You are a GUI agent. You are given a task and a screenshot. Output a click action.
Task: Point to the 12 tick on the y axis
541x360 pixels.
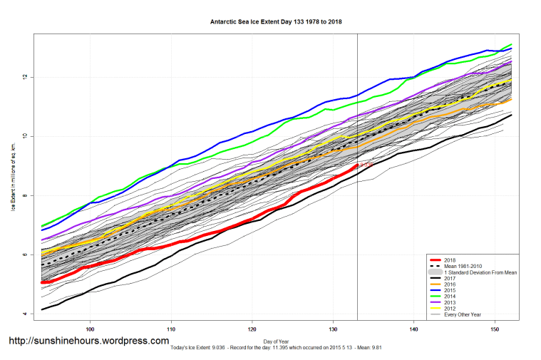27,76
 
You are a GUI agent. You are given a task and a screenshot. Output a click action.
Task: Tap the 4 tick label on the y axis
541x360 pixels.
27,314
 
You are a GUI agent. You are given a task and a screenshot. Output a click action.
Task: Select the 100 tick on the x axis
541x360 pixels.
90,329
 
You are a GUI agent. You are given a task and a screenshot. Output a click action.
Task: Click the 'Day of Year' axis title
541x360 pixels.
277,341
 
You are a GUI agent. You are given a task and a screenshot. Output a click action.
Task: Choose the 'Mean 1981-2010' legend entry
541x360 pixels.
463,267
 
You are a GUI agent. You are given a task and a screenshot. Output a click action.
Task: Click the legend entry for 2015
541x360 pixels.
448,291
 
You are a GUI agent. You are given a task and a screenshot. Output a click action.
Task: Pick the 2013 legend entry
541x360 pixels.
448,303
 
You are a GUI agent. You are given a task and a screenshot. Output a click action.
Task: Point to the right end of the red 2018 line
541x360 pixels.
357,165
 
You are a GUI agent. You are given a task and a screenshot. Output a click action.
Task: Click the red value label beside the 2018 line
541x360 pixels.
364,165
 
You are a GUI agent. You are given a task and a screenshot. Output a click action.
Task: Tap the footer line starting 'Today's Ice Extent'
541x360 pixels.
277,348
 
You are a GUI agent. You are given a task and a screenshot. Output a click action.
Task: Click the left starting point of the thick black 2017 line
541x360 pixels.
42,309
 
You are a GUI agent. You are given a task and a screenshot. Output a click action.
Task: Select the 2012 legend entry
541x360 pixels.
448,309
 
